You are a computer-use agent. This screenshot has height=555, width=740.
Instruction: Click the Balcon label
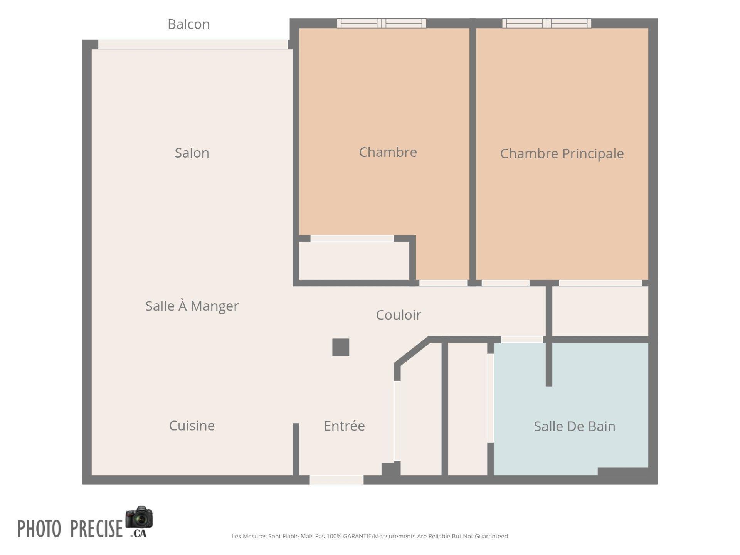point(188,24)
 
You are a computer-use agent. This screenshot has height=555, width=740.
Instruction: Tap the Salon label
point(192,153)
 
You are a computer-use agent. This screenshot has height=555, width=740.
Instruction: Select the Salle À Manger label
point(192,306)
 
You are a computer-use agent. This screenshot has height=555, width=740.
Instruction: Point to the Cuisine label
point(192,425)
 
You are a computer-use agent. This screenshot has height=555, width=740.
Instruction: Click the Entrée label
point(344,425)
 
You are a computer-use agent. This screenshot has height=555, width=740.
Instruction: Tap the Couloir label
point(398,315)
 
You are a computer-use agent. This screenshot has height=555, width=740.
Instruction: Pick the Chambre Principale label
point(562,154)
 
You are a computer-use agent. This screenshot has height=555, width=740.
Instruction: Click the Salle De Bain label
point(574,426)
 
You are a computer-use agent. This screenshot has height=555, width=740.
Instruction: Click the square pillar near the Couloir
point(341,347)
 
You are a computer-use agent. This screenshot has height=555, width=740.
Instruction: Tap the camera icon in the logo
point(139,517)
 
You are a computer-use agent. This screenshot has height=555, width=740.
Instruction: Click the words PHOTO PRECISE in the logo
point(70,528)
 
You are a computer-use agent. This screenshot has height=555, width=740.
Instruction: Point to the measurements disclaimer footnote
point(370,536)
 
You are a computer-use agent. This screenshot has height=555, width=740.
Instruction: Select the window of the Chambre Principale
point(547,23)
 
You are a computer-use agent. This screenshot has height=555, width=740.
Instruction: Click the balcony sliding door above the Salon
point(193,44)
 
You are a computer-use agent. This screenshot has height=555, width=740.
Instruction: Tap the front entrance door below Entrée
point(336,480)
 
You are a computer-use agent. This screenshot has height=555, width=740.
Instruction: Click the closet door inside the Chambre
point(352,239)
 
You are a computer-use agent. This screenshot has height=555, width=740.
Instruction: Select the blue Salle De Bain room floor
point(571,409)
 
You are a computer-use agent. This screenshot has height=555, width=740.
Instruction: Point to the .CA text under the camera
point(138,533)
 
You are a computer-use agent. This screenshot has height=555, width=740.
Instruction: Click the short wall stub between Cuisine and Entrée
point(296,449)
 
